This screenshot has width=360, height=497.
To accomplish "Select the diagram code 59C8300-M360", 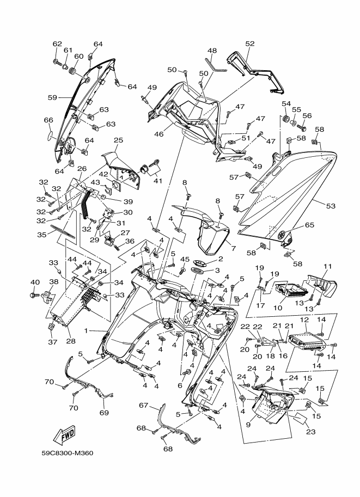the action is tap(68, 453).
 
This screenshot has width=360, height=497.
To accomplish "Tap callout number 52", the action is tap(250, 44).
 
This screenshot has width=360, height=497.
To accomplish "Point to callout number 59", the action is tap(53, 97).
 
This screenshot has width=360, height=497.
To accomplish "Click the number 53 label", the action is tap(331, 206).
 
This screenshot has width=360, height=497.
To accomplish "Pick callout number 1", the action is tap(86, 330).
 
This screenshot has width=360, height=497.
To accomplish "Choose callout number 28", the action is tap(71, 341).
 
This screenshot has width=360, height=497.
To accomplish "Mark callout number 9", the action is tap(248, 425).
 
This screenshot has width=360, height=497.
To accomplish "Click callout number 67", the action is tap(144, 406).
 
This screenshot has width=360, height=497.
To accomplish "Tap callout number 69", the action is tap(104, 413).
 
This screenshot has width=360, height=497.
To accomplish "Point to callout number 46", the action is tap(159, 134).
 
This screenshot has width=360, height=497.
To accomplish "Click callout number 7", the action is tap(234, 248).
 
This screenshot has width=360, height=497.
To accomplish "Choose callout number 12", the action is tap(304, 320).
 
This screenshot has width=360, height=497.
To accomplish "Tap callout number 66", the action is tap(48, 120).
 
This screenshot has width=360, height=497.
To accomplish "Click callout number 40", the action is tap(35, 282).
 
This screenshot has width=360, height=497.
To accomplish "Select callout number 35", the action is tap(42, 235).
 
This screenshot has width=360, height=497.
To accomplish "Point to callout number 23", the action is tap(311, 432).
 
